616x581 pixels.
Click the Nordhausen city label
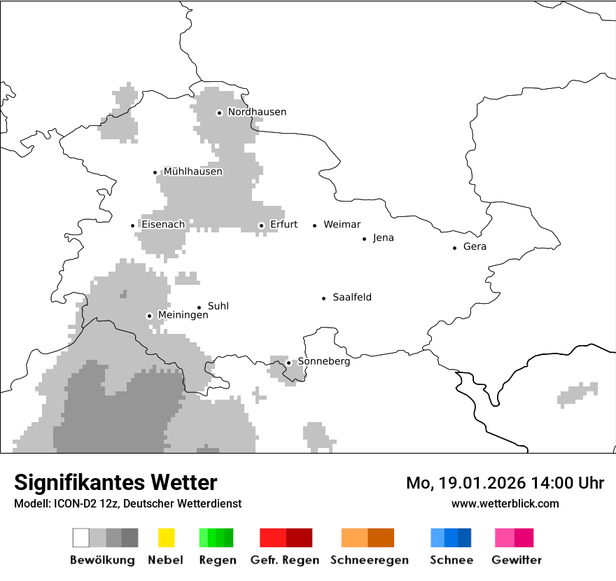tap(257, 112)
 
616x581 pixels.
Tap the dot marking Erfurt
tap(261, 225)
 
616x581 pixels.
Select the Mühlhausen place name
tap(192, 171)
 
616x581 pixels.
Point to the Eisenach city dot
tap(132, 225)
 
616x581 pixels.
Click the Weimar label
tap(342, 225)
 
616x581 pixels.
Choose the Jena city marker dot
tap(364, 239)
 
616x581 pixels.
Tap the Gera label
tap(475, 246)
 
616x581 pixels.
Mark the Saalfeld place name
tap(351, 297)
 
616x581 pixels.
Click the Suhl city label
tap(218, 306)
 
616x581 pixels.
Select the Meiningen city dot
tap(149, 316)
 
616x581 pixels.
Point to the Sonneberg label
tap(323, 361)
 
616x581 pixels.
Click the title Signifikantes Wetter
tap(115, 482)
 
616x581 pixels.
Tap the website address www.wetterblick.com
tap(505, 503)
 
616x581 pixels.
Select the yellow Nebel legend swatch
tap(166, 538)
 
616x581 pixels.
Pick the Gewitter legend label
tap(516, 560)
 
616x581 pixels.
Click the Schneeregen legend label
tap(369, 560)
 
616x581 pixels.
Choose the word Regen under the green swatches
tap(216, 560)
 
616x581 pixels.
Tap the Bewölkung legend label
tap(102, 560)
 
